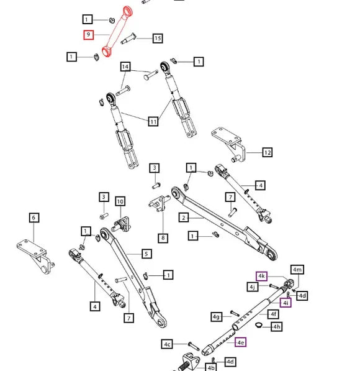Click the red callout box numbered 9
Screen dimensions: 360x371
click(88, 35)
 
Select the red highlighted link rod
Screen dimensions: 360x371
click(117, 32)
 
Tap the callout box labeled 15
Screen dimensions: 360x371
click(158, 38)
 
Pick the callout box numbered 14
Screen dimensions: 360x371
click(125, 66)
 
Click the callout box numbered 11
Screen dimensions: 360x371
click(153, 122)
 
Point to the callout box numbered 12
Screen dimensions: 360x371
click(268, 152)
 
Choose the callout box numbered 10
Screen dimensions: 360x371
click(120, 201)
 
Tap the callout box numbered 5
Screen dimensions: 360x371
click(146, 254)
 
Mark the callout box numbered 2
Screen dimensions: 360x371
click(184, 218)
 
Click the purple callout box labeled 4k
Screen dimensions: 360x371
click(261, 276)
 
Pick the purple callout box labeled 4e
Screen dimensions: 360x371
click(241, 342)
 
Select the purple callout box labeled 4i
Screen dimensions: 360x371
click(286, 303)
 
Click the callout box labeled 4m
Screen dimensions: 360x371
click(297, 270)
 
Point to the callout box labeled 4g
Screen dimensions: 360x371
click(216, 317)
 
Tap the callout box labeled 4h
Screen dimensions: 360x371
click(277, 327)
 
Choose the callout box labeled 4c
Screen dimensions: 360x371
click(167, 344)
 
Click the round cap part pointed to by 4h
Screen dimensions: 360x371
click(259, 325)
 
